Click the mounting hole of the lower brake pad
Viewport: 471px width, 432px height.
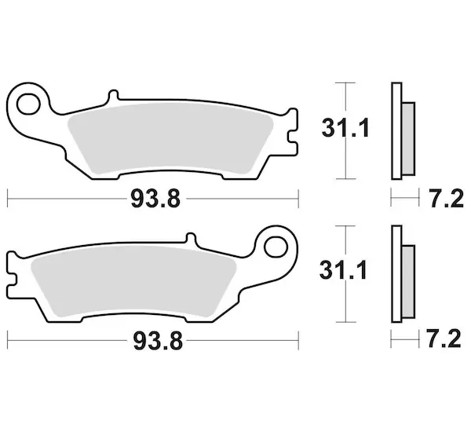click(x=276, y=247)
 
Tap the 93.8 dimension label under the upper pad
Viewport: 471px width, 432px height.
click(x=155, y=199)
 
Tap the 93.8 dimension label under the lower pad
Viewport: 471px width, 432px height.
click(x=158, y=341)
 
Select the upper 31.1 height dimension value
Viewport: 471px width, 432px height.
click(x=345, y=128)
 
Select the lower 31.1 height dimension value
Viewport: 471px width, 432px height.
click(x=343, y=270)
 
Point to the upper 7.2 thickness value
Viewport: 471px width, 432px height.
click(x=447, y=199)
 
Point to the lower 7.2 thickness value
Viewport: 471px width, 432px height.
click(x=444, y=339)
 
